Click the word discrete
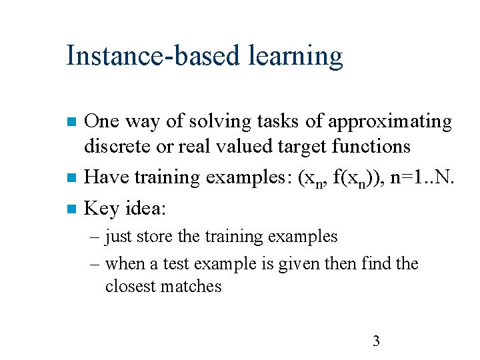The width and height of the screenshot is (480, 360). coord(119,146)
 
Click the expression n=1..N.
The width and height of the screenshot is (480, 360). coord(418,177)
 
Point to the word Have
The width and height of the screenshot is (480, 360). coord(108,177)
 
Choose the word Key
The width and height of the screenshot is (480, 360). coord(102,209)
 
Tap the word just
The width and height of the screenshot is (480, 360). coord(119,237)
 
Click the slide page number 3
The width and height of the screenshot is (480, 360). coord(376,342)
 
